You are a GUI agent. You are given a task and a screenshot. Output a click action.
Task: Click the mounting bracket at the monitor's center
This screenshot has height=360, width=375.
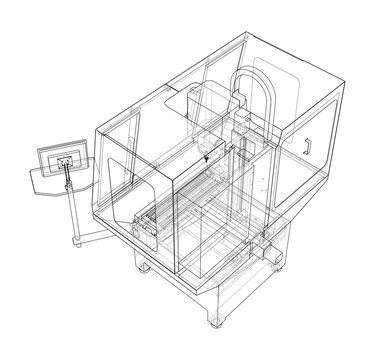(x=65, y=163)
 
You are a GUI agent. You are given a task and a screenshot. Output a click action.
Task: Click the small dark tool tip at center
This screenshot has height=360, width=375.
(x=204, y=158)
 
